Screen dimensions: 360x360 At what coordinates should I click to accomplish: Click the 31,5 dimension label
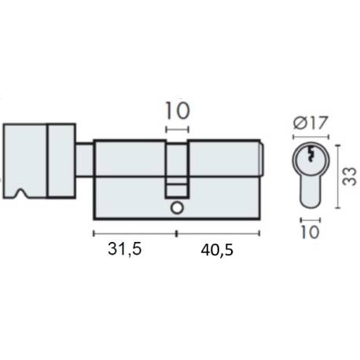click(123, 250)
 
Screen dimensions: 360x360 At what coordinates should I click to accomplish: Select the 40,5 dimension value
click(217, 250)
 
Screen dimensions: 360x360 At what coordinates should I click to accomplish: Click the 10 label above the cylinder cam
click(177, 110)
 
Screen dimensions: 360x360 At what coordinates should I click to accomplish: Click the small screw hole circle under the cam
click(176, 208)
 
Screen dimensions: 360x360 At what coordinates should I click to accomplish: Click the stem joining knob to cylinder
click(85, 160)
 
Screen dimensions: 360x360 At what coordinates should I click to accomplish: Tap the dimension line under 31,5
click(134, 233)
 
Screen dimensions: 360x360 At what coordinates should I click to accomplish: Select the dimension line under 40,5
click(219, 233)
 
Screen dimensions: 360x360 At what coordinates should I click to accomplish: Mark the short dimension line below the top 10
click(177, 128)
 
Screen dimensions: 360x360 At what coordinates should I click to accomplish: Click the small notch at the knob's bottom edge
click(19, 193)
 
